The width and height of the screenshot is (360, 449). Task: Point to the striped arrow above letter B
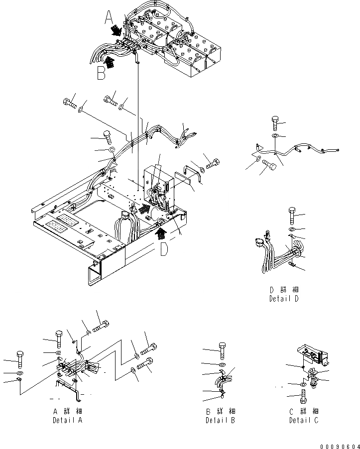point(110,62)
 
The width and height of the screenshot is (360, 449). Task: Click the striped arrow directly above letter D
point(160,228)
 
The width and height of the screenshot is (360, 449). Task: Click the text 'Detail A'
point(67,421)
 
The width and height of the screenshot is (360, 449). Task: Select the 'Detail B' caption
point(220,421)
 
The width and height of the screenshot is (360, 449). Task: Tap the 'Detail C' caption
point(303,421)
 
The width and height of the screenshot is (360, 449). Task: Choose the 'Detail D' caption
point(283,299)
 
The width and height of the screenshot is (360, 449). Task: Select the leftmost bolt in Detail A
point(19,359)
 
